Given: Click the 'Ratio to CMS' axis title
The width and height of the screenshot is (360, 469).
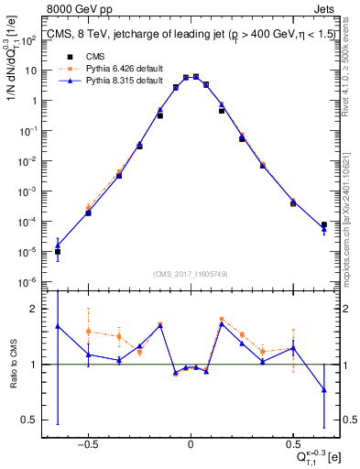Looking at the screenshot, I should [11, 364].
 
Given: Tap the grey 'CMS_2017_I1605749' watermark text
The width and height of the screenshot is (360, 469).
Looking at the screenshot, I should [190, 274].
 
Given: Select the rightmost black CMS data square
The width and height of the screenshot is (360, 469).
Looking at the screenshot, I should [324, 224].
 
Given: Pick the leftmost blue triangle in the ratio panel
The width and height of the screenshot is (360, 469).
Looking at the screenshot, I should [58, 326].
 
